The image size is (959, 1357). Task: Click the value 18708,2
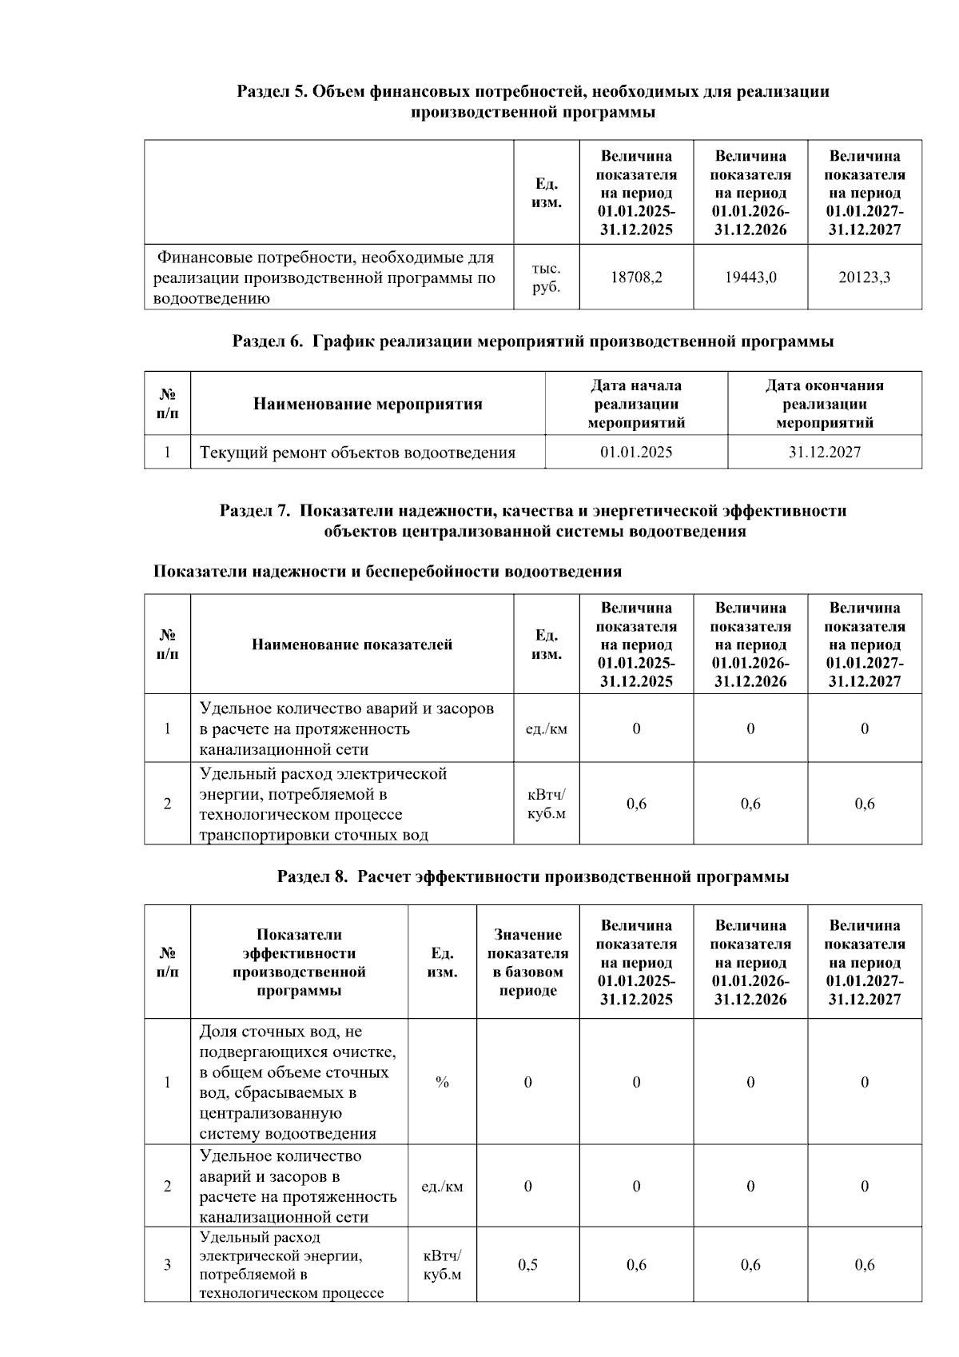(636, 277)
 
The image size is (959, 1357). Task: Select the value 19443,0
(750, 277)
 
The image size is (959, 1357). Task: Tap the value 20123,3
(865, 277)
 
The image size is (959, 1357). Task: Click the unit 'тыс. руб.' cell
(546, 277)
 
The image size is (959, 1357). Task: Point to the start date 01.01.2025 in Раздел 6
(636, 453)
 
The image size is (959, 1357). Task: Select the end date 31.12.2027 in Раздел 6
(825, 453)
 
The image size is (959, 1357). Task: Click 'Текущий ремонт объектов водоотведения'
(357, 453)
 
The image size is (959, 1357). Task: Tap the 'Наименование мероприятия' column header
(368, 404)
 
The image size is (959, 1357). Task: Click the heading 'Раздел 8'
(532, 877)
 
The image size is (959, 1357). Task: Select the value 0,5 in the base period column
(527, 1265)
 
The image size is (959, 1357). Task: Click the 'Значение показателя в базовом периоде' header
(527, 962)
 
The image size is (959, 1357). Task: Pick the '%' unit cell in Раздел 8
(442, 1083)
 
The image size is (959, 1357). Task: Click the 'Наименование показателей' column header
(352, 645)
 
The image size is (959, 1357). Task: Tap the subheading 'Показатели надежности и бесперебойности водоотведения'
(387, 572)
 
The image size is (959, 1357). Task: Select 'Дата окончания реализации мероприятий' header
(825, 404)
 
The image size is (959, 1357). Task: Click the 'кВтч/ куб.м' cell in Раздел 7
(546, 804)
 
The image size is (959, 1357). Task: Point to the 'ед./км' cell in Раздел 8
(442, 1187)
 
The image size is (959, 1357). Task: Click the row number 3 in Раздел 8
(167, 1265)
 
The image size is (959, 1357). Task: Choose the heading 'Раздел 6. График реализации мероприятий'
(532, 342)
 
